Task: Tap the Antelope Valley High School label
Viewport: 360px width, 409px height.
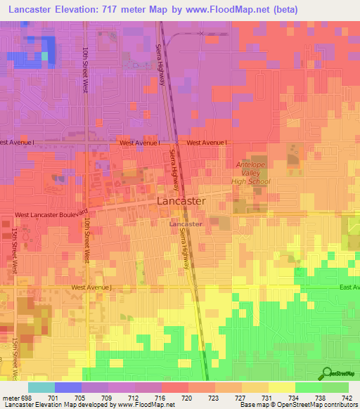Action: click(x=252, y=173)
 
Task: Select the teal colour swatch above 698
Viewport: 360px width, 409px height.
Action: click(x=41, y=387)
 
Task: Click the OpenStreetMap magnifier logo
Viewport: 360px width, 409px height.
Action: click(x=327, y=373)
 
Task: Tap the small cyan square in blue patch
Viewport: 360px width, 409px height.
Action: click(x=46, y=56)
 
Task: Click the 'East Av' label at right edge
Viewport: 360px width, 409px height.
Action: click(x=349, y=287)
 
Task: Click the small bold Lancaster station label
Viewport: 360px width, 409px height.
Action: click(x=186, y=224)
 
